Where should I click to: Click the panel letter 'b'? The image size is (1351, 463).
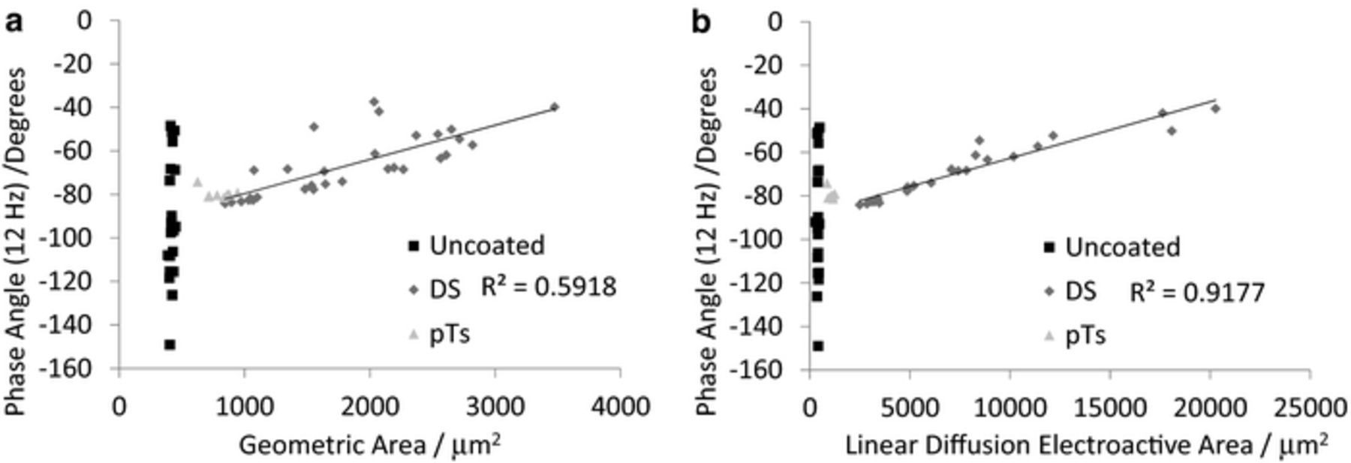tap(700, 23)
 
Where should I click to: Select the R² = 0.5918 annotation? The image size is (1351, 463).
tap(549, 287)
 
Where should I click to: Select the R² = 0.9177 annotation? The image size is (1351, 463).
tap(1197, 292)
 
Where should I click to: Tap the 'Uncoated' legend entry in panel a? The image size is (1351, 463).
tap(486, 245)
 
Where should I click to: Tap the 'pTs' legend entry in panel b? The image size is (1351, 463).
tap(1085, 335)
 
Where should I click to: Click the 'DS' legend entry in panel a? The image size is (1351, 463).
tap(444, 289)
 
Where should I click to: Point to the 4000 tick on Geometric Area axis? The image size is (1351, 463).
tap(619, 406)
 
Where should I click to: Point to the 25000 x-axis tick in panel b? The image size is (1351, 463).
tap(1310, 407)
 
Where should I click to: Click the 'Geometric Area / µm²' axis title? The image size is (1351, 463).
tap(370, 445)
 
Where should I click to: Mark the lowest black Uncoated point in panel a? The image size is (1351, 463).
tap(170, 344)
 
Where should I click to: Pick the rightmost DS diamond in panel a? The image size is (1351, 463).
tap(555, 107)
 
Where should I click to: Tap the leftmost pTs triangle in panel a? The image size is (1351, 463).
tap(197, 182)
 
